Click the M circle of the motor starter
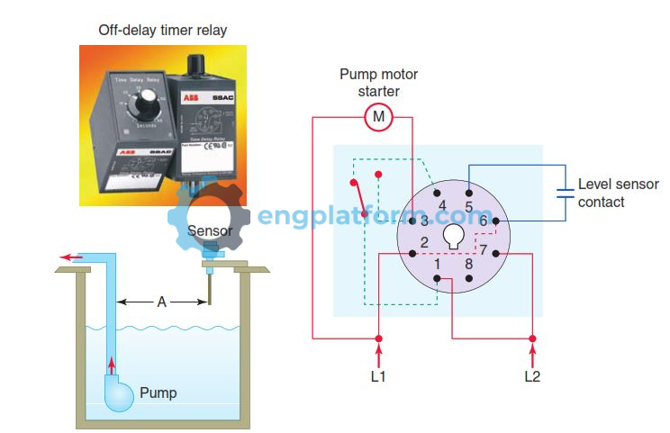click(x=378, y=116)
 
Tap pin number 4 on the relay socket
click(x=441, y=206)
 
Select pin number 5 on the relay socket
click(x=469, y=206)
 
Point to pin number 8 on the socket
click(x=468, y=265)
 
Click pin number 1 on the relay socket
click(x=437, y=265)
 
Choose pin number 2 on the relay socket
click(x=424, y=243)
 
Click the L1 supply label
click(x=378, y=376)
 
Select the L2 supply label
click(x=532, y=376)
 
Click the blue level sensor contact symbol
click(x=565, y=192)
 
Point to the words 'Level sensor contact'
click(x=618, y=193)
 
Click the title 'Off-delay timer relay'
click(x=163, y=31)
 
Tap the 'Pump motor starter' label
click(x=378, y=83)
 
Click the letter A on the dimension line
click(x=162, y=302)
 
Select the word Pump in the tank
click(x=158, y=392)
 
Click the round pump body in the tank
click(x=117, y=392)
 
